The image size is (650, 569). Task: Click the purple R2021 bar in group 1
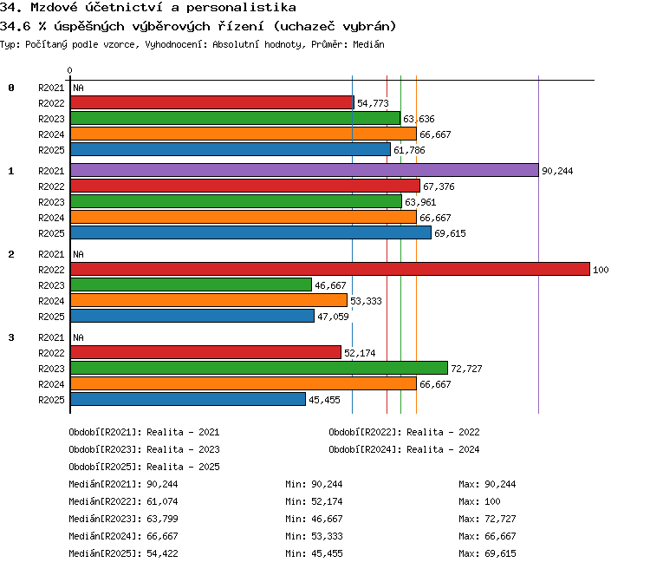tap(305, 170)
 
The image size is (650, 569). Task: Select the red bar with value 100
tap(330, 269)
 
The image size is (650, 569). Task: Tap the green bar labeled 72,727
tap(259, 368)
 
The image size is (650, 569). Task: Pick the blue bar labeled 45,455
tap(188, 399)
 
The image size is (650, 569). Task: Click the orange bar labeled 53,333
tap(209, 300)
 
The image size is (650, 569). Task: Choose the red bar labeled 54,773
tap(212, 102)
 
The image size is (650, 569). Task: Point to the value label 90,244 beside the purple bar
tap(557, 171)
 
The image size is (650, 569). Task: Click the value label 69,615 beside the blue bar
tap(450, 233)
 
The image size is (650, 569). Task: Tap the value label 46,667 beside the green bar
tap(330, 285)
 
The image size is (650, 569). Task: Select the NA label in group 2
tap(78, 254)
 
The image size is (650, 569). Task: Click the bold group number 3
tap(11, 337)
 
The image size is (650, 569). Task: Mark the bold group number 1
tap(11, 171)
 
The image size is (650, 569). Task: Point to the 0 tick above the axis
tap(69, 70)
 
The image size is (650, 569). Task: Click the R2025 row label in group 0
tap(51, 150)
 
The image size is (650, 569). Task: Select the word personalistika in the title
tap(241, 8)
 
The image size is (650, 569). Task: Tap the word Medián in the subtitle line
tap(368, 44)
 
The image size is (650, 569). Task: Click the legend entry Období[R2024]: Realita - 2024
tap(404, 449)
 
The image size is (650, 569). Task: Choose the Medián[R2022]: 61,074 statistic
tap(123, 501)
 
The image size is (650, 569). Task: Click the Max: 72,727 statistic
tap(487, 519)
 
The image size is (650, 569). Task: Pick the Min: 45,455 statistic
tap(314, 553)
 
